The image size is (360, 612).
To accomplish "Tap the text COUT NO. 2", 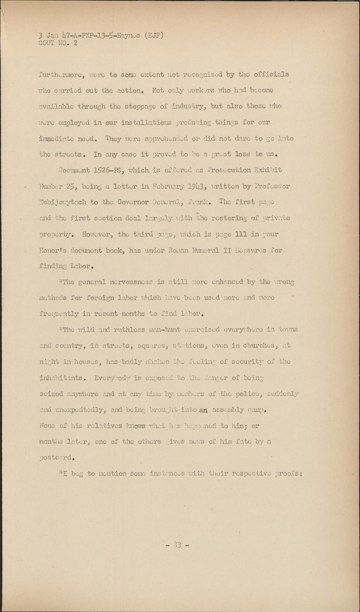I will coord(58,43).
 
